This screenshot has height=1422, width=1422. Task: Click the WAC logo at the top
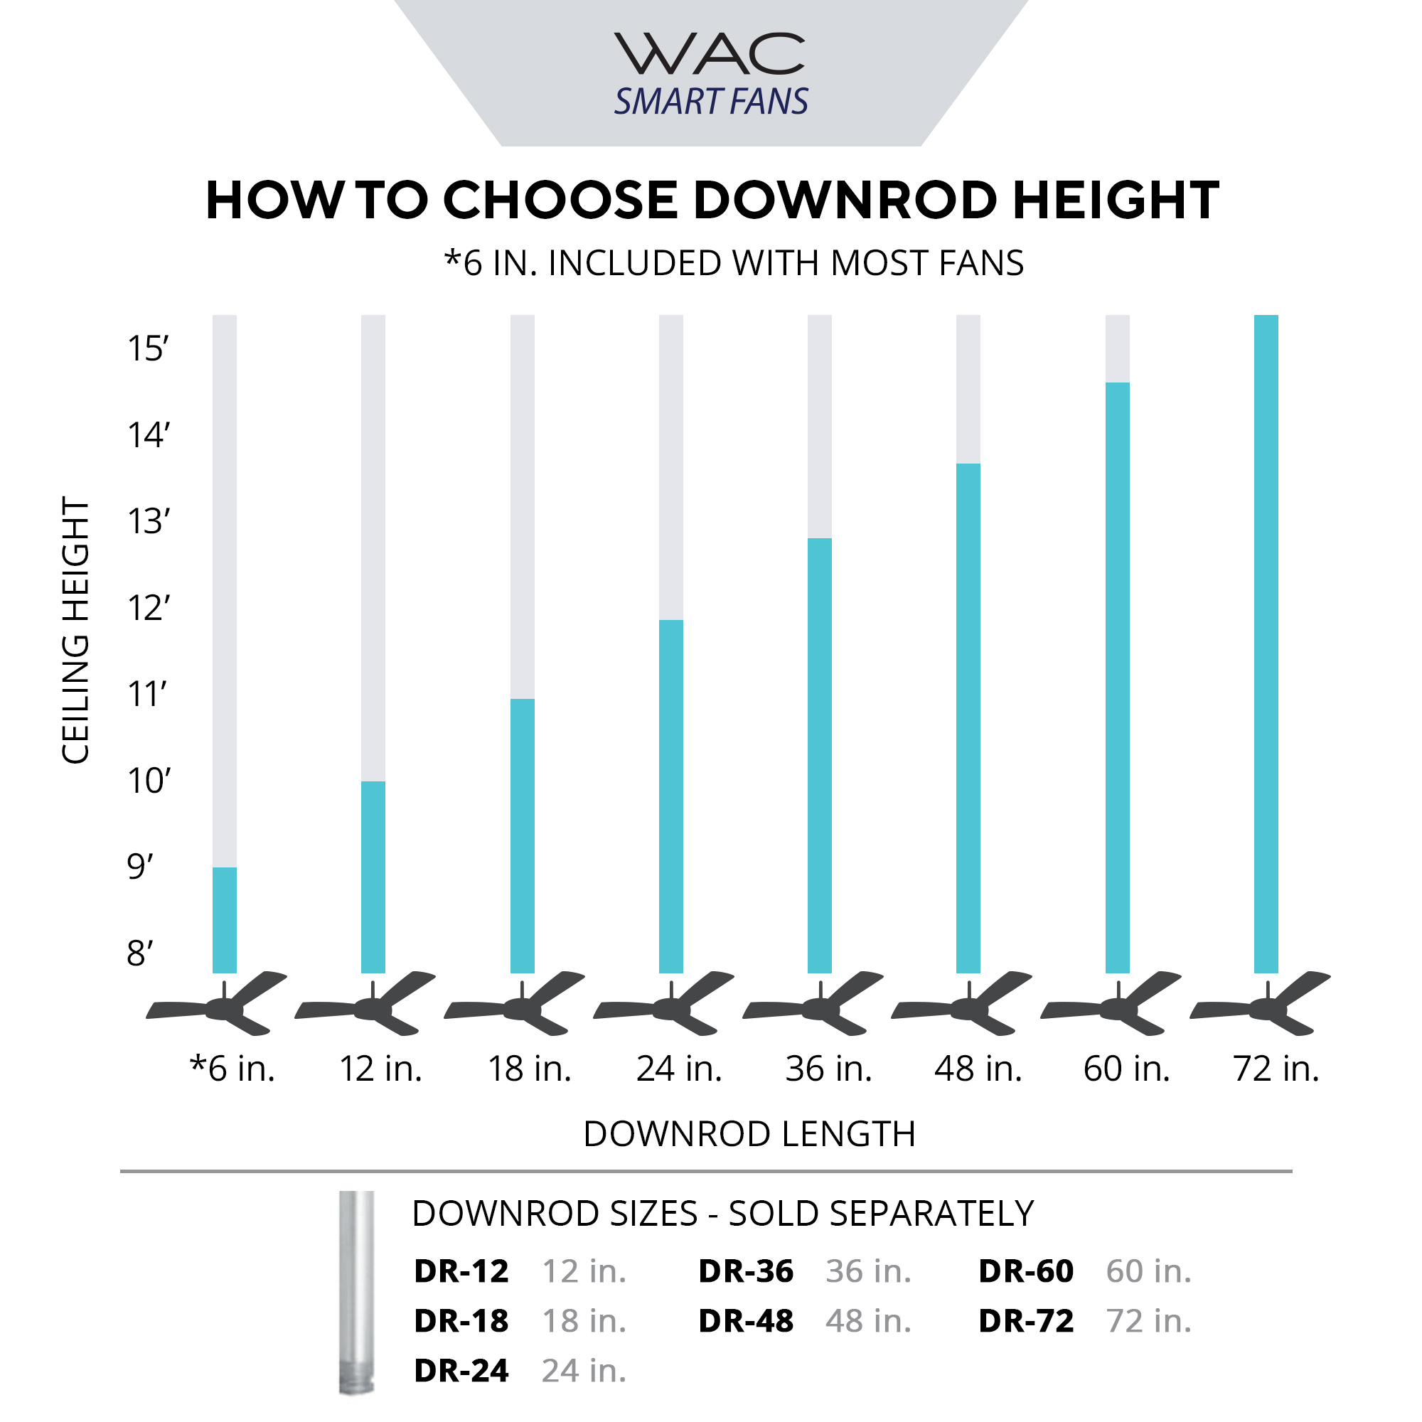(710, 55)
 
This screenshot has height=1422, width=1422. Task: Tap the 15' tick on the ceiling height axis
(148, 349)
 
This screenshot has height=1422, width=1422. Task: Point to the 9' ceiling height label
(140, 867)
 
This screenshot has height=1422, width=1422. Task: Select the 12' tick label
(148, 609)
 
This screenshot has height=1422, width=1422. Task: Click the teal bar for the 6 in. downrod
(225, 920)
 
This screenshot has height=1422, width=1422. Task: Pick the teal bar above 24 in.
(670, 796)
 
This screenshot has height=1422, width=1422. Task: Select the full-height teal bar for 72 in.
(1266, 644)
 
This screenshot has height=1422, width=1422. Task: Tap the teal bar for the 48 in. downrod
(968, 717)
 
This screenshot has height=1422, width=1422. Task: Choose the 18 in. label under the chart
(529, 1069)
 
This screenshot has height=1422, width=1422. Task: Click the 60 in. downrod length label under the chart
(1126, 1069)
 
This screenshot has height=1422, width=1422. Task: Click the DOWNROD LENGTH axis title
(749, 1134)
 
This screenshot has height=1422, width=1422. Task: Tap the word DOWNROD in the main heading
(845, 201)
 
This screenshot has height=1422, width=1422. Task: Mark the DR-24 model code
(461, 1371)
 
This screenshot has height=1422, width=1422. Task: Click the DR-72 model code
(1025, 1320)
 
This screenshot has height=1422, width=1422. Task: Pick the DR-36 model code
(745, 1271)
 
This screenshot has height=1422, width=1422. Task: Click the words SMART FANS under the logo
(711, 102)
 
